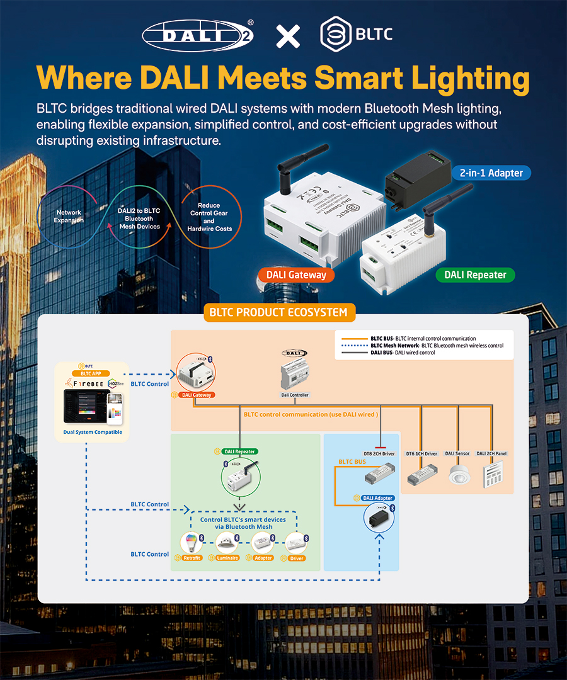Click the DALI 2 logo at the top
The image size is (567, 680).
click(198, 36)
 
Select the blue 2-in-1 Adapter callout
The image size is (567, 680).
click(491, 172)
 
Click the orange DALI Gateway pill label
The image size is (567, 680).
click(296, 275)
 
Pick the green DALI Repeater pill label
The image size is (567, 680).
click(475, 275)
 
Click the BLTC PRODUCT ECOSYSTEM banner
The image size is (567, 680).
click(279, 312)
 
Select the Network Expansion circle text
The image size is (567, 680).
click(69, 217)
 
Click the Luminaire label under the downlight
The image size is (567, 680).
click(227, 558)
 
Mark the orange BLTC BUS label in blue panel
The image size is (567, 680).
click(352, 462)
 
